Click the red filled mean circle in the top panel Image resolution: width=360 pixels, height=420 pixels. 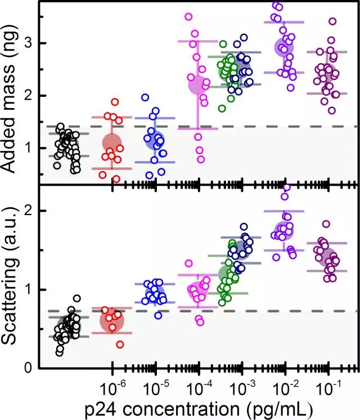pos(112,142)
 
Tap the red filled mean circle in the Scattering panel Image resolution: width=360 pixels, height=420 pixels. pos(112,321)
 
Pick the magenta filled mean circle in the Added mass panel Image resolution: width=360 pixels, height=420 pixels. pos(197,85)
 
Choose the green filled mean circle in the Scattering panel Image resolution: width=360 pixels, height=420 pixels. pos(227,274)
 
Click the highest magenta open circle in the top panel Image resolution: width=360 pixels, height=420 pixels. pos(188,16)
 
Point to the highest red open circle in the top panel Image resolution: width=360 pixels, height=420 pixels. pos(115,102)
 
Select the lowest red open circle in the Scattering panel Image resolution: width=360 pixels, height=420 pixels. pos(120,345)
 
